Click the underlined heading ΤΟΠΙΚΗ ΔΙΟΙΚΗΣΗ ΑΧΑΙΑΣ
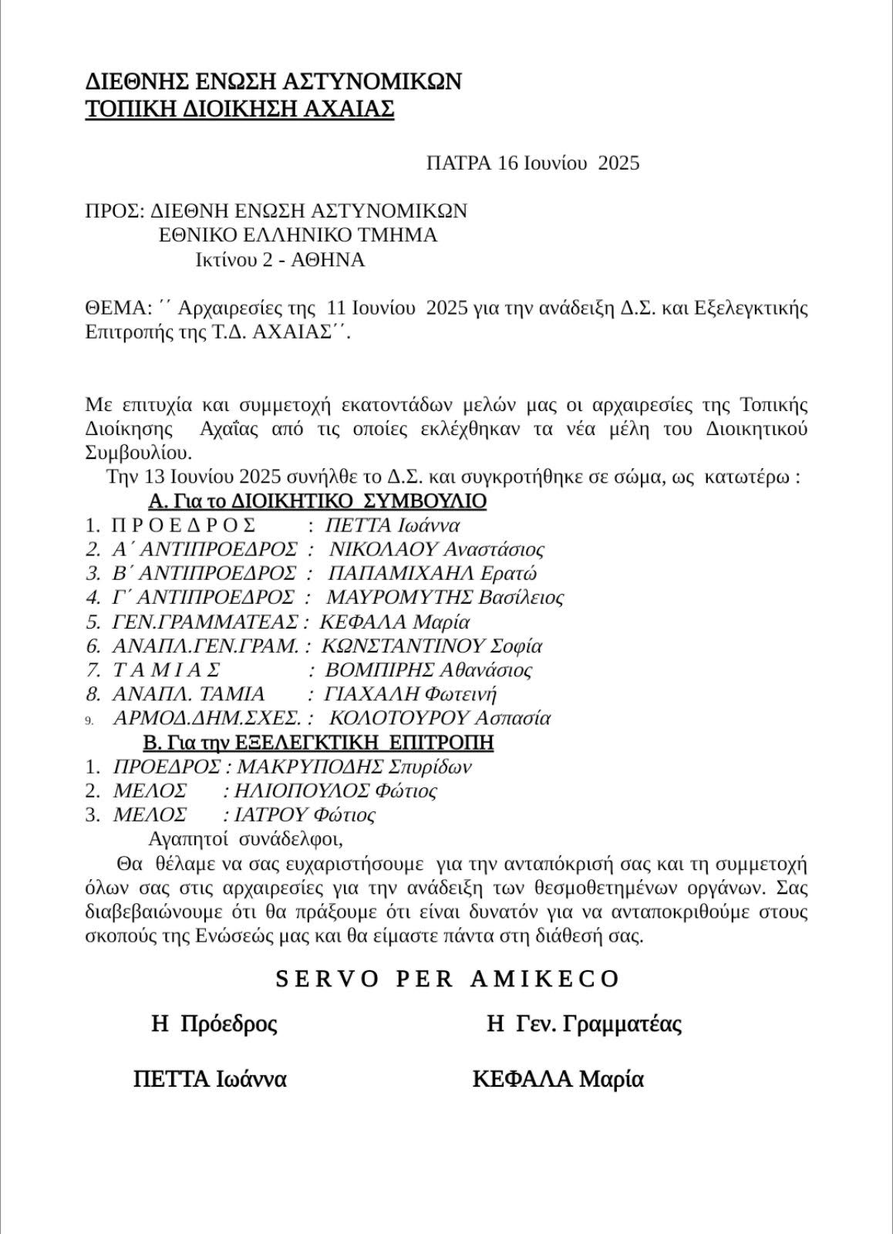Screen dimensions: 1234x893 [x=239, y=109]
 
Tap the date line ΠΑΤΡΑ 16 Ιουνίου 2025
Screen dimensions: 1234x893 [x=532, y=163]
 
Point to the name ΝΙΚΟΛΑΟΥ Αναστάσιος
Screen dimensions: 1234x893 [x=436, y=550]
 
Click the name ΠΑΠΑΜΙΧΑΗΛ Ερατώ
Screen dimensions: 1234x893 [x=432, y=574]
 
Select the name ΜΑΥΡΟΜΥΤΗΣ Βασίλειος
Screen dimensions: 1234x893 [x=445, y=598]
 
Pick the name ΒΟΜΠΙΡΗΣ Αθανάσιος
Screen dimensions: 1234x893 [x=428, y=670]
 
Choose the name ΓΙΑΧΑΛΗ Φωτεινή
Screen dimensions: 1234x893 [x=410, y=694]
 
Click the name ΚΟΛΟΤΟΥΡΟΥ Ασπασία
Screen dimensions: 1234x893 [x=440, y=718]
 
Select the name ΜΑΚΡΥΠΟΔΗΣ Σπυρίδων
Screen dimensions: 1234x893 [x=354, y=767]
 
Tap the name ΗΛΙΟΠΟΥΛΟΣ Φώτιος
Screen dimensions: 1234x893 [x=335, y=791]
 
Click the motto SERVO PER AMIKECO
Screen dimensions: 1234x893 [x=447, y=979]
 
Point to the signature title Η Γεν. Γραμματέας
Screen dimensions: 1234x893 [x=584, y=1024]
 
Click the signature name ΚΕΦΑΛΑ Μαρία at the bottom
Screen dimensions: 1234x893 [x=558, y=1079]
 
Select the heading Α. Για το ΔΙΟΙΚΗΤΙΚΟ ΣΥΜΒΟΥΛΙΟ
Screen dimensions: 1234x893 [x=317, y=502]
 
